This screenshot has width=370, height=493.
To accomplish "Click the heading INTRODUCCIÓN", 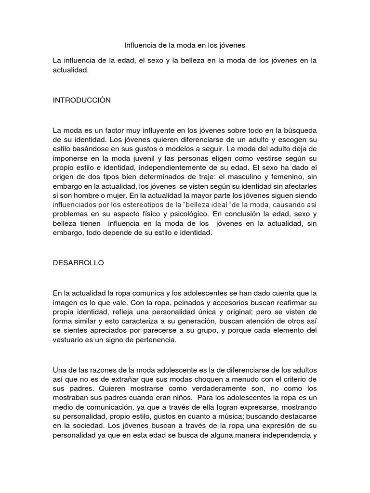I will [x=82, y=100].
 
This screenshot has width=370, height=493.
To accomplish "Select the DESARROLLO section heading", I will [x=79, y=263].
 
